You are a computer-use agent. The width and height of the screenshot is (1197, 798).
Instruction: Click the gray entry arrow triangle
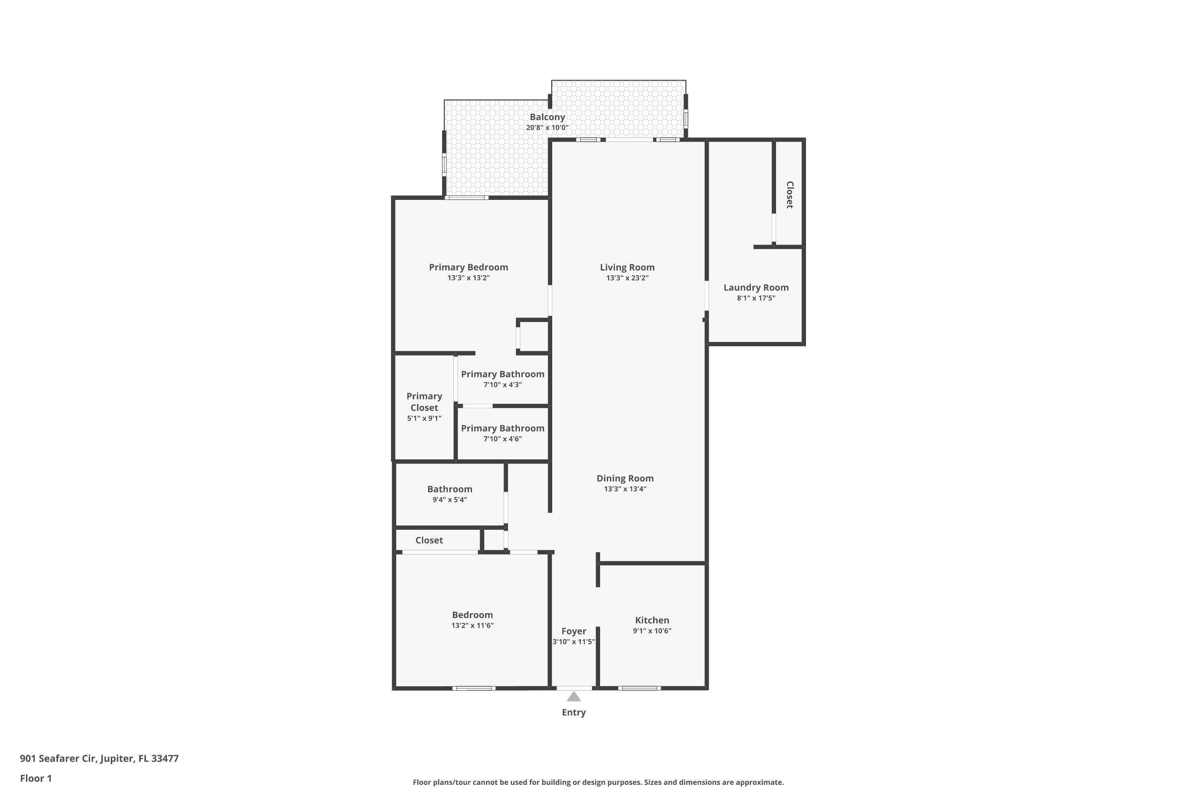(574, 697)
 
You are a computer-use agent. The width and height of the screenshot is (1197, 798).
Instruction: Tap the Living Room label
(627, 267)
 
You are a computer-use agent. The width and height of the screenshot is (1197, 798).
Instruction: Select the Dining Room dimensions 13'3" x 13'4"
(625, 489)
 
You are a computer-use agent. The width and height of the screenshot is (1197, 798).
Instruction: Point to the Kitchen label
(652, 620)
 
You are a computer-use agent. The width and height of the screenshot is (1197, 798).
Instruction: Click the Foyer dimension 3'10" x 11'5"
(574, 642)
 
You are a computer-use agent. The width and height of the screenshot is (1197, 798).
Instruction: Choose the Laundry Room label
(756, 288)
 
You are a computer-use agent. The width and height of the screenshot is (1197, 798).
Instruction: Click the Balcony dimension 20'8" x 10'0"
(547, 128)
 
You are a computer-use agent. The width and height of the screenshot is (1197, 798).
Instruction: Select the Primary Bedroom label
(468, 267)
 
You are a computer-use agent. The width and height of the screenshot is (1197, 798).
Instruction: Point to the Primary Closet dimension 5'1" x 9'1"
(424, 418)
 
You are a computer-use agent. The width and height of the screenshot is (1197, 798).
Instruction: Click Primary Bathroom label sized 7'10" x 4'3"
(502, 374)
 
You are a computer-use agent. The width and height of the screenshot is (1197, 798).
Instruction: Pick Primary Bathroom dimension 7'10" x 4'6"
(502, 439)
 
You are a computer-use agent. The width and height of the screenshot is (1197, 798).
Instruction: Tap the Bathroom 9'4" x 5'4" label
(449, 489)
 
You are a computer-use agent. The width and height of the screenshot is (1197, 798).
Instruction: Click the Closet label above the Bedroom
(429, 540)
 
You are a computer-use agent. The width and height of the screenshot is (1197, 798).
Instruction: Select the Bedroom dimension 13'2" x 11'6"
(472, 626)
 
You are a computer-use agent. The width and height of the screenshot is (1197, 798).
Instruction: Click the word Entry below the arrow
(574, 713)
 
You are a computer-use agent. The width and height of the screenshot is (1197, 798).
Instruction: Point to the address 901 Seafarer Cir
(99, 758)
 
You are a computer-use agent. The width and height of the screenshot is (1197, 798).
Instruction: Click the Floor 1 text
(36, 778)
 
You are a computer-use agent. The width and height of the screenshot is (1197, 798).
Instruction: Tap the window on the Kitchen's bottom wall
(639, 688)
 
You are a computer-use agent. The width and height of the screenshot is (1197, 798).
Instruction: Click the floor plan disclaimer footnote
(598, 782)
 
